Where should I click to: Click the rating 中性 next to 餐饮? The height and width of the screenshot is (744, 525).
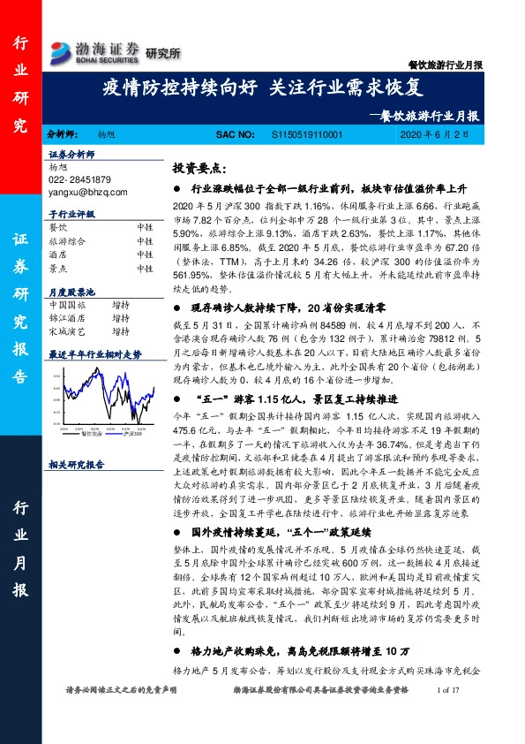point(145,227)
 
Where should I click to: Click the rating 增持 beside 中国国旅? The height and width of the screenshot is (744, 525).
point(121,305)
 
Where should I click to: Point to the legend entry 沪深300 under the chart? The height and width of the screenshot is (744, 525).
point(134,433)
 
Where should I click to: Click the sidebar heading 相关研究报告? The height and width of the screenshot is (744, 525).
point(76,464)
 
